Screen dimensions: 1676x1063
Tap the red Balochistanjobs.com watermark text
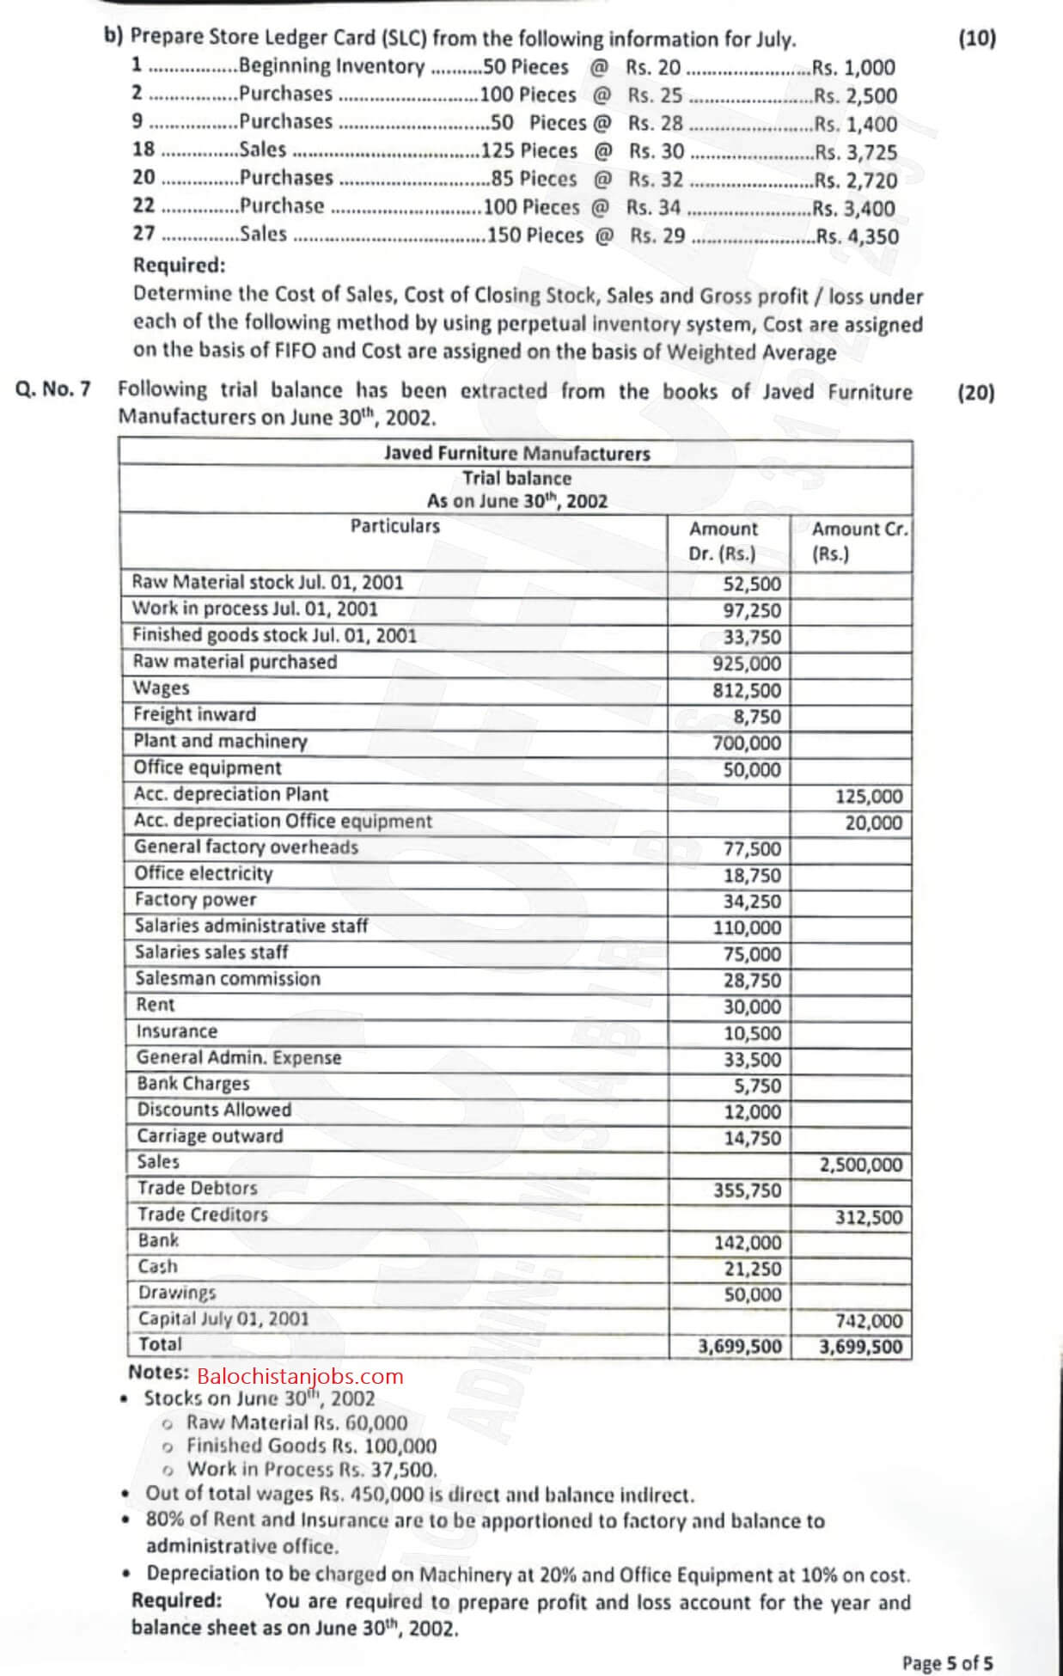(x=300, y=1376)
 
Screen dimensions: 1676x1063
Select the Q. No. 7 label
(x=53, y=389)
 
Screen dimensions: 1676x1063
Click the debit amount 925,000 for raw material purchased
(x=747, y=664)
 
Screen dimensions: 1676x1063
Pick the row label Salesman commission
(x=228, y=979)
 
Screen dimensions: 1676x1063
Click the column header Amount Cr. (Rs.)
(x=859, y=541)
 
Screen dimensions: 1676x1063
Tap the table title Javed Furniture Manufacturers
(x=516, y=453)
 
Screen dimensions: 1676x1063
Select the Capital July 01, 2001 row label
(x=223, y=1318)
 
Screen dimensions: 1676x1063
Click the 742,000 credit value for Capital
(x=869, y=1321)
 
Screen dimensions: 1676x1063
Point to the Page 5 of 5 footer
(x=947, y=1663)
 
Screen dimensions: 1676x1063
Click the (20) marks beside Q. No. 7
(x=975, y=393)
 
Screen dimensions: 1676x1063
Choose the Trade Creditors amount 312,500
(x=869, y=1217)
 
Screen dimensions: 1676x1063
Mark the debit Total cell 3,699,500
(x=740, y=1346)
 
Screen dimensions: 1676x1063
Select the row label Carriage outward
(x=210, y=1136)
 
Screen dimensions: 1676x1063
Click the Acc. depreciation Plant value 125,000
(x=869, y=796)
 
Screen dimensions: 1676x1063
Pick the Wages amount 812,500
(x=747, y=690)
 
